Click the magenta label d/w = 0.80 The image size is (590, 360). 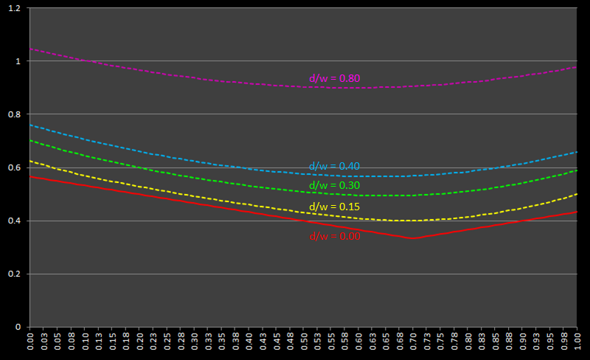click(334, 78)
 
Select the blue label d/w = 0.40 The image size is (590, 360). click(334, 166)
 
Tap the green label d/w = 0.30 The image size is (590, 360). click(334, 185)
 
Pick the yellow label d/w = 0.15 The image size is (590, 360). click(334, 207)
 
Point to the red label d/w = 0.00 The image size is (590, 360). click(335, 237)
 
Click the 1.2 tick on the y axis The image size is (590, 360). click(15, 8)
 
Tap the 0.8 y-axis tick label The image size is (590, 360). click(15, 114)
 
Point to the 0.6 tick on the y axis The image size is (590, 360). click(15, 167)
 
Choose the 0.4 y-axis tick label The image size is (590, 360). click(15, 221)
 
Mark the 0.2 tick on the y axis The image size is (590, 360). click(15, 274)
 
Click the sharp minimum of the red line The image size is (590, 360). click(413, 238)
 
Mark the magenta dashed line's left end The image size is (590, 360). click(30, 49)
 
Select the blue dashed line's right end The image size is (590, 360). click(577, 152)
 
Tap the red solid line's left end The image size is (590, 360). click(30, 176)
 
